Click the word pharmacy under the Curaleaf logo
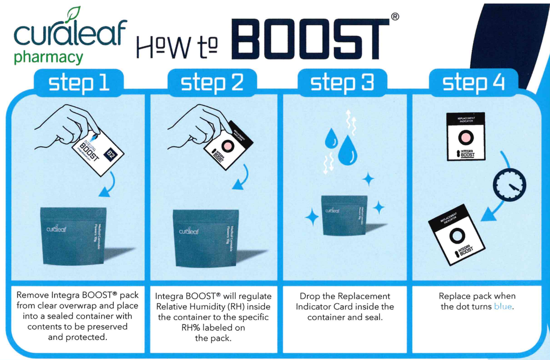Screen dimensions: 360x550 click(48, 57)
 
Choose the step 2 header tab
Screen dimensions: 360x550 click(212, 83)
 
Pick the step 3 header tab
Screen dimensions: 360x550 click(342, 83)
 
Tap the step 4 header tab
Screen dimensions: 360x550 click(473, 83)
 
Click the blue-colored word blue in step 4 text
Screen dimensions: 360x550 click(503, 307)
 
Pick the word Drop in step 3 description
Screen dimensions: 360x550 click(309, 296)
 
